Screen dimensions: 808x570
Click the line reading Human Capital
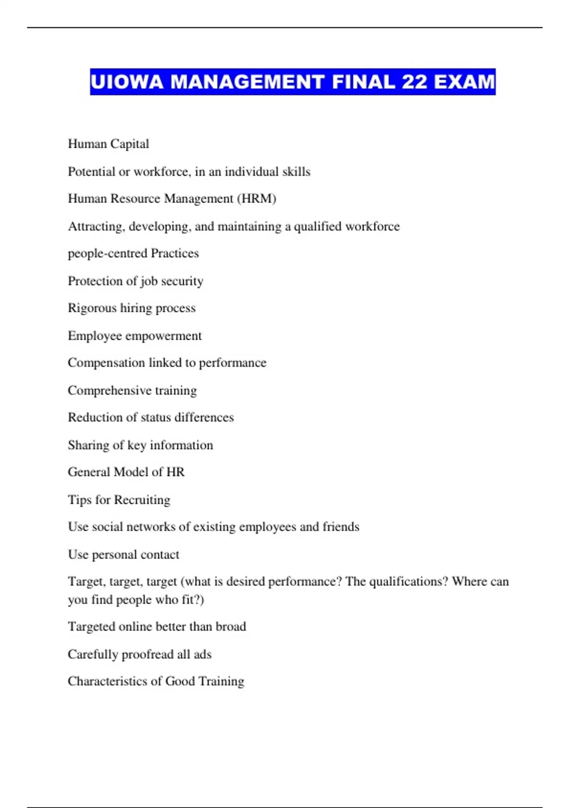[x=108, y=144]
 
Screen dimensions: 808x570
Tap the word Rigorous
[x=92, y=308]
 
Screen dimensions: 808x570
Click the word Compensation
[x=106, y=363]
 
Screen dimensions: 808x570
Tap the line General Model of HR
[x=126, y=472]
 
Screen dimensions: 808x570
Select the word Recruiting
[x=142, y=500]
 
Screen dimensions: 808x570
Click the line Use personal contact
[x=123, y=554]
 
